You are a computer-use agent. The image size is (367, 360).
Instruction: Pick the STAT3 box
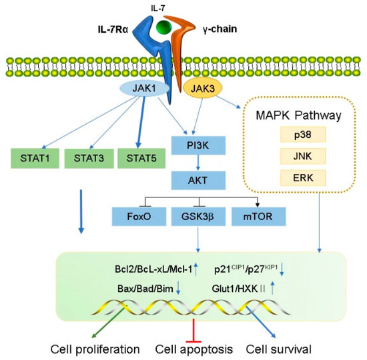coord(86,160)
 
